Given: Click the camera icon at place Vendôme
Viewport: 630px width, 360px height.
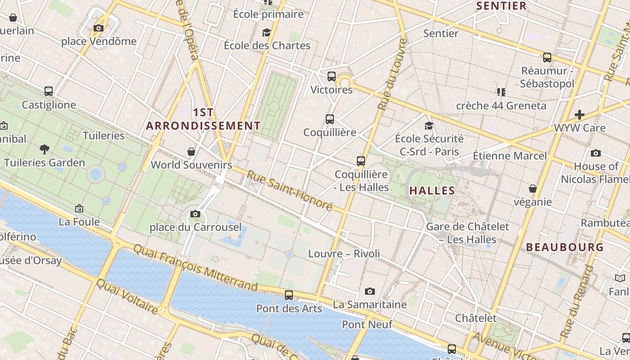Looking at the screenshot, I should (98, 28).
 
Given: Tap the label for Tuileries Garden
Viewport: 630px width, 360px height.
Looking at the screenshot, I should (44, 162).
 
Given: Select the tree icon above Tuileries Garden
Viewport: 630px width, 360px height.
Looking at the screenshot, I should (44, 148).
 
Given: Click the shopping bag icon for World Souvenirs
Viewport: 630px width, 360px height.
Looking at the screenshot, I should (191, 151).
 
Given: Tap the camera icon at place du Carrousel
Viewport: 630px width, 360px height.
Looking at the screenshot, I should (195, 214).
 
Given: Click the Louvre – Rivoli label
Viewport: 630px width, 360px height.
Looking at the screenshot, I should (344, 254).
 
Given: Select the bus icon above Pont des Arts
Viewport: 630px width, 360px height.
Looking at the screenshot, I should (289, 295).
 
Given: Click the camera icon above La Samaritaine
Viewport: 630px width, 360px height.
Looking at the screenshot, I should (370, 291).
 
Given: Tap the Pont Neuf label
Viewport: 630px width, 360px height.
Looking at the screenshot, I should (367, 324).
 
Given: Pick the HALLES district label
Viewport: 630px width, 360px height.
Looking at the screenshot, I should (432, 190).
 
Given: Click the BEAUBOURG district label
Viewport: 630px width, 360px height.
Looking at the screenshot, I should (565, 247).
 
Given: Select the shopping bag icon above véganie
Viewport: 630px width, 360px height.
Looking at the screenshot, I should (533, 188).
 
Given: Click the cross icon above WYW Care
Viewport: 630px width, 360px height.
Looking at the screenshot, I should (580, 114).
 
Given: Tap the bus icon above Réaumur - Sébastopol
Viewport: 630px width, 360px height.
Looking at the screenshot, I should (547, 57).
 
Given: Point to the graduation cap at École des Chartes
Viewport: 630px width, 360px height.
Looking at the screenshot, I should (267, 32).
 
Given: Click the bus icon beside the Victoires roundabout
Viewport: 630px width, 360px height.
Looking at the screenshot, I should (332, 76).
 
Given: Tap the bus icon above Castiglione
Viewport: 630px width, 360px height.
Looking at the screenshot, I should (49, 91).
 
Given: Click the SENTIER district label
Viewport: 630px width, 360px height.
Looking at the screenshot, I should (501, 6).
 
